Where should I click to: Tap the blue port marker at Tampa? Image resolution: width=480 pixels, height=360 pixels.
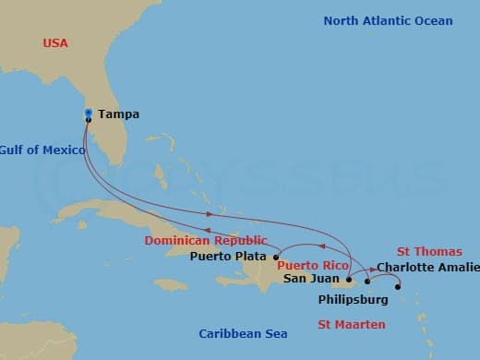(x=88, y=113)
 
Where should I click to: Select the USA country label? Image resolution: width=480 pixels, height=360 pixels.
(x=56, y=43)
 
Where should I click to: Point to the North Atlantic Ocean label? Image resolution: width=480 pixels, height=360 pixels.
(x=388, y=20)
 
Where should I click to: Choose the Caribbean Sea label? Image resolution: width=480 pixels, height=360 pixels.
(x=243, y=333)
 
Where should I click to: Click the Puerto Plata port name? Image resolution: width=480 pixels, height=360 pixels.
(x=228, y=257)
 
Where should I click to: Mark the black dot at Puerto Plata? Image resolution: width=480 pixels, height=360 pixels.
(x=276, y=258)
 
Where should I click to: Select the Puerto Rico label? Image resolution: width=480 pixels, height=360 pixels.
(x=313, y=265)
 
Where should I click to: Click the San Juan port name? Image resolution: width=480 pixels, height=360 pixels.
(x=309, y=278)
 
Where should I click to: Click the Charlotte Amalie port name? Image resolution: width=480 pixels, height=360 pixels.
(x=428, y=268)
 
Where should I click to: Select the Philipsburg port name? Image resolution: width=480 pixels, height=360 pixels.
(x=354, y=299)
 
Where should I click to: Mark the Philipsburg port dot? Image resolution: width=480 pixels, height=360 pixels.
(x=398, y=287)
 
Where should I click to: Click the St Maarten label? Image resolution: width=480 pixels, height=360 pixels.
(x=352, y=324)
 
